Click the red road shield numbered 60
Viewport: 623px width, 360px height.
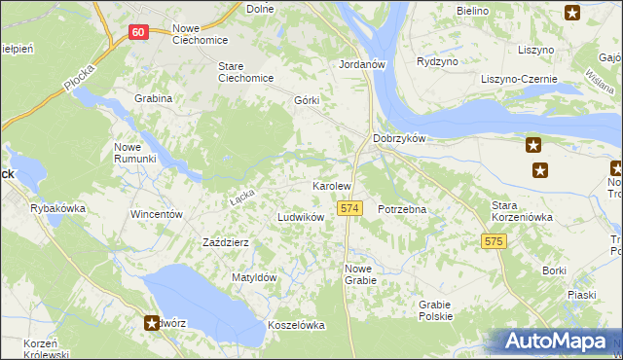coord(138,32)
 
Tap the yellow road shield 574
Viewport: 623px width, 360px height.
coord(350,209)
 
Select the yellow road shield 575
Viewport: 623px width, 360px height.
coord(495,240)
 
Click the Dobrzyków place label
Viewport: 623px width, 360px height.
coord(400,138)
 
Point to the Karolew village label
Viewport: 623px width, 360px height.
coord(331,185)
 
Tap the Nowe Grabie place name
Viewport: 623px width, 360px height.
coord(360,274)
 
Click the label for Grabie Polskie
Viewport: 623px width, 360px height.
coord(436,310)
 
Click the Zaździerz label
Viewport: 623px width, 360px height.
coord(226,241)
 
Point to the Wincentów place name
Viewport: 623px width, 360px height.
coord(157,213)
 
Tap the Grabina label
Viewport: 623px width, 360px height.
coord(154,98)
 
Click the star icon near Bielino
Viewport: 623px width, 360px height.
coord(571,13)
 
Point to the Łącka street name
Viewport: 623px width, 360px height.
coord(241,197)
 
